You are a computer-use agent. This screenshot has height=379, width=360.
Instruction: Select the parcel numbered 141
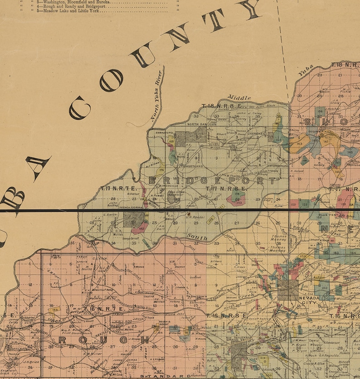tap(326, 141)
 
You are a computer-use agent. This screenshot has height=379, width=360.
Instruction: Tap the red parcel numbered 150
tap(293, 205)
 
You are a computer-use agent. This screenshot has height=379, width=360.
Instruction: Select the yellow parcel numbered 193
tap(54, 311)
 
